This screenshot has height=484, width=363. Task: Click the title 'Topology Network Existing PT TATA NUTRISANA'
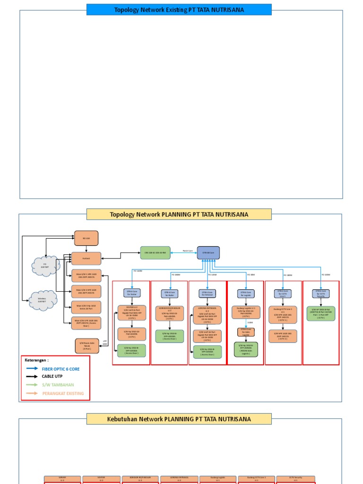tap(179, 9)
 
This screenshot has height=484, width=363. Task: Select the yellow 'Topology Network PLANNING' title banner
tap(179, 214)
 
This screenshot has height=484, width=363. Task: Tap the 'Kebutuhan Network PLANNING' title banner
tap(179, 419)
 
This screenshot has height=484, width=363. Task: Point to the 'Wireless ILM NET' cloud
tap(43, 300)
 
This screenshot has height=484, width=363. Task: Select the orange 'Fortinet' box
tap(86, 259)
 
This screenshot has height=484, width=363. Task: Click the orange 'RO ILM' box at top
tap(86, 239)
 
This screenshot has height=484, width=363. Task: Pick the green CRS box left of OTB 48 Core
tap(155, 253)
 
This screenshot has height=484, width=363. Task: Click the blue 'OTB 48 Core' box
tap(208, 253)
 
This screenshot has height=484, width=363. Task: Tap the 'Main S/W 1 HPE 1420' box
tap(86, 276)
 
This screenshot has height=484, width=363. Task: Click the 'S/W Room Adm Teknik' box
tap(87, 346)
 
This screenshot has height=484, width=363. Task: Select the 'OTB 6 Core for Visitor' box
tap(131, 294)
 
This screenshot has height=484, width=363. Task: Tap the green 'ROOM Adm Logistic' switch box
tap(246, 349)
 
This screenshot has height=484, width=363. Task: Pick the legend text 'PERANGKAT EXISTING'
tap(63, 393)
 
